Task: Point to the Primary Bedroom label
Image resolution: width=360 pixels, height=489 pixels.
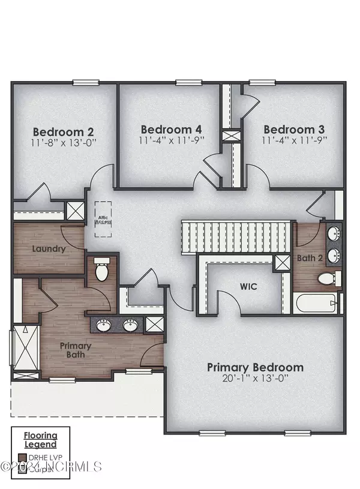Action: point(255,367)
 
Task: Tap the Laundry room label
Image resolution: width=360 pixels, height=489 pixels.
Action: point(49,248)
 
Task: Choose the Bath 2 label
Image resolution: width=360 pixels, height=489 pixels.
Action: point(310,258)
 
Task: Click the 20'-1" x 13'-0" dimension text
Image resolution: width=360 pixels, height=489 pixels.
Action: point(255,379)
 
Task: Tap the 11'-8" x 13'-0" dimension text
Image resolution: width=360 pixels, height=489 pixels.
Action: point(64,143)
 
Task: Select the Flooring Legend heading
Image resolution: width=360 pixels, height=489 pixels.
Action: point(41,440)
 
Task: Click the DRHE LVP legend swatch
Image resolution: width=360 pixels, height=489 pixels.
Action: point(23,458)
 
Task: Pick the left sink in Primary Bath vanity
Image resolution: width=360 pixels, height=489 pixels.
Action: point(106,326)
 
